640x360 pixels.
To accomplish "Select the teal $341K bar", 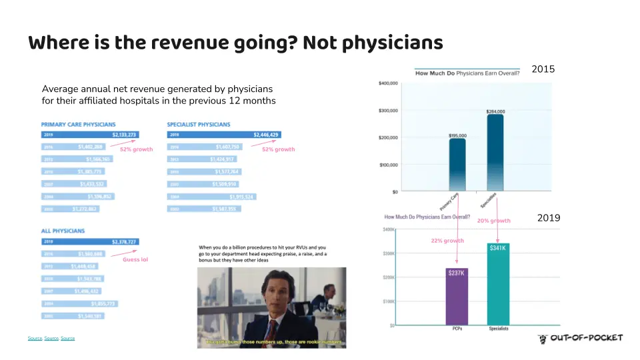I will pos(499,285).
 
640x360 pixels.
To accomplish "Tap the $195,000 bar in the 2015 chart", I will pos(457,165).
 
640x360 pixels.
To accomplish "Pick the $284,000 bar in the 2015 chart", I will pos(495,153).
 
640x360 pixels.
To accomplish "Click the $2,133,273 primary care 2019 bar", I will pos(89,135).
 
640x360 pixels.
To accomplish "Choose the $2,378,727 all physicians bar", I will pos(89,241).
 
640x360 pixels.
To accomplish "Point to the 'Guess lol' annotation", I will pos(135,260).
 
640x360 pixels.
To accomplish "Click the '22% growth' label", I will pos(447,241).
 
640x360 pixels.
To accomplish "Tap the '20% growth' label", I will pos(493,221).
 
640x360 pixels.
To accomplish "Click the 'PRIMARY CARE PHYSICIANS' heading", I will pos(78,125).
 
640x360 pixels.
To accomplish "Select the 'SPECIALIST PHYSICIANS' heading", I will pos(198,125).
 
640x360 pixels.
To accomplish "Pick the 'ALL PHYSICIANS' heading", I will pos(63,231).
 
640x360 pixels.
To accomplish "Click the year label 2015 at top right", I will pos(543,69).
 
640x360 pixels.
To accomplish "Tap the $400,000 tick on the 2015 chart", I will pos(388,83).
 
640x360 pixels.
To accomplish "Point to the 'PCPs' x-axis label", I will pos(457,329).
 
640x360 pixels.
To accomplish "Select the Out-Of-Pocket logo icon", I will pos(543,339).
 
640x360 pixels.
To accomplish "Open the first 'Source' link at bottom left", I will pos(35,339).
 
